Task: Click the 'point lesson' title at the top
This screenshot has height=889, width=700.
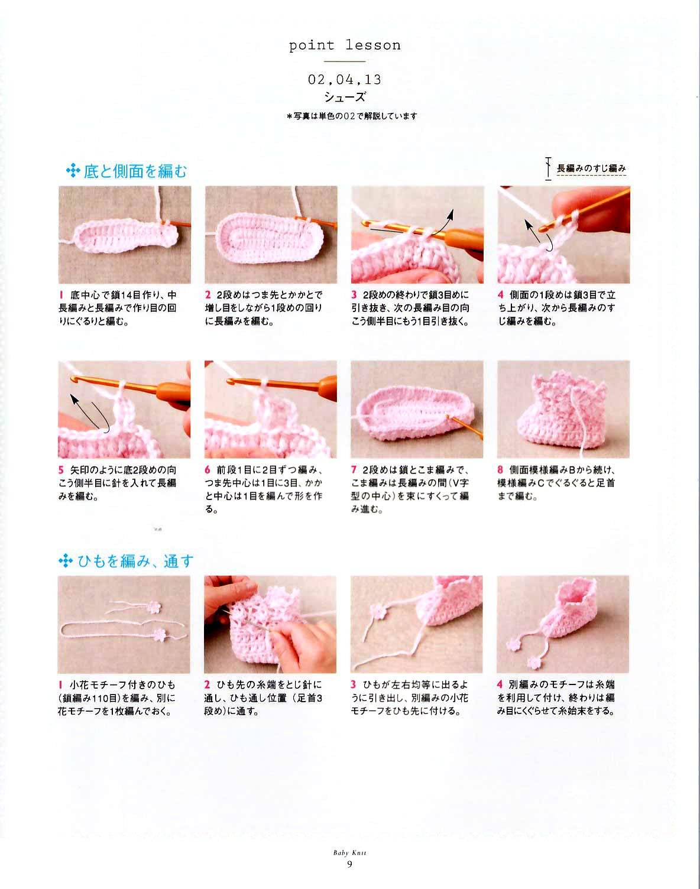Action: point(345,46)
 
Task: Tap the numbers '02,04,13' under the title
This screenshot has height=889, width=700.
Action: point(345,79)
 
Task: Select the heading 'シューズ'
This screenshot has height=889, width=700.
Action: point(345,97)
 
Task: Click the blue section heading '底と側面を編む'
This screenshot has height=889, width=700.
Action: point(135,171)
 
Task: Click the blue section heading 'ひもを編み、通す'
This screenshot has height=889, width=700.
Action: point(135,561)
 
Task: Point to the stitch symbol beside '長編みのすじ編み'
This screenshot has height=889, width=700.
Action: point(548,168)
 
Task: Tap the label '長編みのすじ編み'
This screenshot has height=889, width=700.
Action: point(591,168)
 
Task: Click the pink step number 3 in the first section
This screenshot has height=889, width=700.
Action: point(354,295)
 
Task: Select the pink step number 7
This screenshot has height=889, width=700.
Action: point(354,470)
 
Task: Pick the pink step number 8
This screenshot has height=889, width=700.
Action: point(500,470)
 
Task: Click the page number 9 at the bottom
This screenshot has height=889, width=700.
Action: point(349,864)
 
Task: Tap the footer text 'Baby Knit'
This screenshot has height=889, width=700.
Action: point(349,852)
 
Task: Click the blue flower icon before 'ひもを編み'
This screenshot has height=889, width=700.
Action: point(66,562)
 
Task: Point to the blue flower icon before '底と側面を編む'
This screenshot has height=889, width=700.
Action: point(73,171)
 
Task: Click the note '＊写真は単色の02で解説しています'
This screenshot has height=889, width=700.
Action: point(352,116)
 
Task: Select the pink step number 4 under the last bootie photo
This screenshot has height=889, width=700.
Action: point(500,685)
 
